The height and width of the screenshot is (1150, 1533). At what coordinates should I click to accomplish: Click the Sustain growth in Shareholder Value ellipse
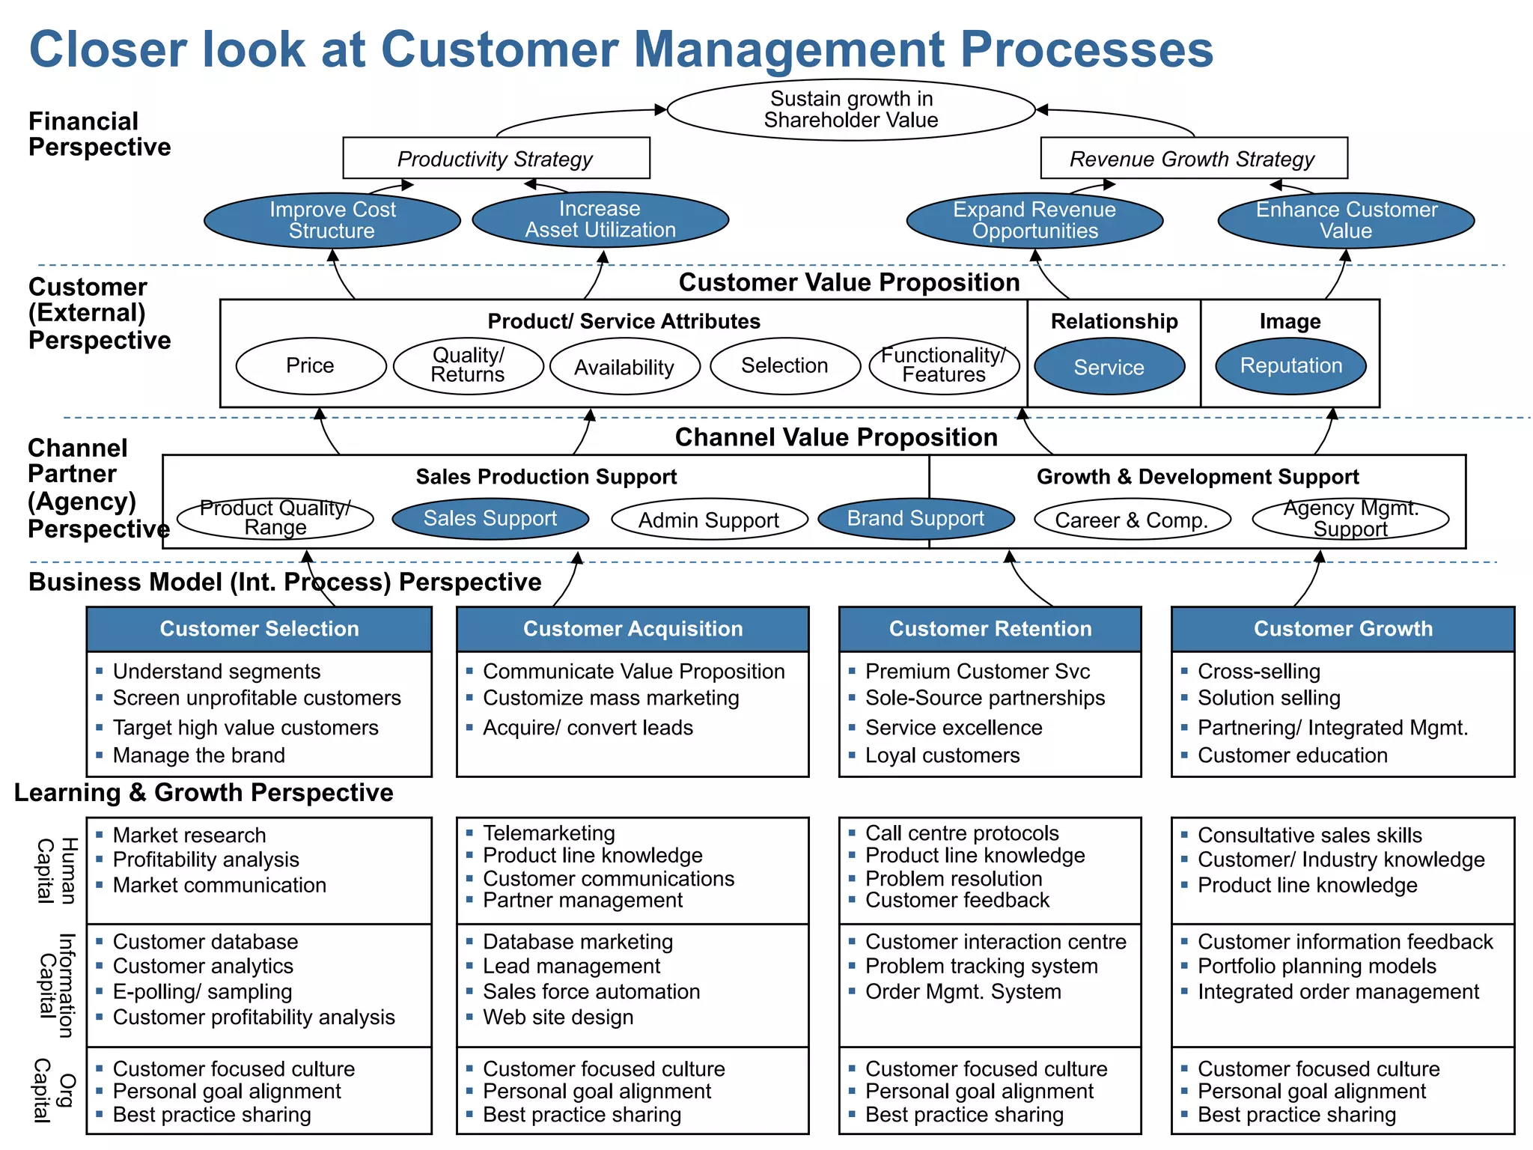coord(850,109)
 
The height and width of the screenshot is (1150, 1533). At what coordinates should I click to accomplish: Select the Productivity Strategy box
coord(496,158)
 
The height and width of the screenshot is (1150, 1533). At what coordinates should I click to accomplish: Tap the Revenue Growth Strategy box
coord(1193,158)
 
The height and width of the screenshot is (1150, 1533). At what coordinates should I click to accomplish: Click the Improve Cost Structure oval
coord(332,220)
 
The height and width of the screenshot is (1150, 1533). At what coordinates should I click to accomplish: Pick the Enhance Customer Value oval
coord(1346,220)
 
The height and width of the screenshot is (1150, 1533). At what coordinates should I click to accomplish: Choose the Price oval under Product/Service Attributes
coord(311,365)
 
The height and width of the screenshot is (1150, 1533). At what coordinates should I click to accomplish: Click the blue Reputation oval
coord(1290,365)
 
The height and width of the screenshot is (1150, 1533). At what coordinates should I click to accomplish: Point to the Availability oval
coord(624,367)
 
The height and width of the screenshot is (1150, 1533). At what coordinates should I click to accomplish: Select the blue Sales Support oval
coord(490,518)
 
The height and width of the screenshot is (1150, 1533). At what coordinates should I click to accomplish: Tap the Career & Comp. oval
coord(1132,520)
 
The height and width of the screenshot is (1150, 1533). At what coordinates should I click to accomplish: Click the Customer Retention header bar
coord(990,629)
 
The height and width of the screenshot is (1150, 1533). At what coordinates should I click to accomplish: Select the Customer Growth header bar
coord(1343,629)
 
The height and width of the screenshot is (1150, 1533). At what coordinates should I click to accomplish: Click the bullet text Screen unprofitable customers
coord(257,698)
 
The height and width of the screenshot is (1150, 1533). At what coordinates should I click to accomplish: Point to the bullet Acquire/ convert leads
coord(588,728)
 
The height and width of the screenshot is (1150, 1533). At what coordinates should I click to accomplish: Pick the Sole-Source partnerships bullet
coord(985,698)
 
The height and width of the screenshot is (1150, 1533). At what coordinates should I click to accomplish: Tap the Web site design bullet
coord(558,1017)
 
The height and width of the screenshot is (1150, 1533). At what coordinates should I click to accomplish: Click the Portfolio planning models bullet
coord(1317,966)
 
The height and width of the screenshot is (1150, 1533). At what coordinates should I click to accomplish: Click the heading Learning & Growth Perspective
coord(204,792)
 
